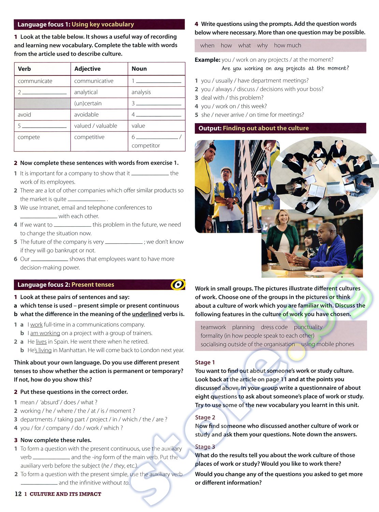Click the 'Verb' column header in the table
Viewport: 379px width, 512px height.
[24, 69]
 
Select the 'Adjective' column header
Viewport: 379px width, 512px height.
[87, 69]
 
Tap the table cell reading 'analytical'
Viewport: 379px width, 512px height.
[86, 92]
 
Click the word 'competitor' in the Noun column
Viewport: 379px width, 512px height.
[146, 145]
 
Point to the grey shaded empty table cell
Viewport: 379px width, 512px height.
[42, 103]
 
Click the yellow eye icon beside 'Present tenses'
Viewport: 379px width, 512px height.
[178, 284]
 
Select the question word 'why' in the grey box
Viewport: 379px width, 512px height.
[262, 45]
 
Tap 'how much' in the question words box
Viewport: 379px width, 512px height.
[287, 45]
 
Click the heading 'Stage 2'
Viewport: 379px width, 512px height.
[205, 417]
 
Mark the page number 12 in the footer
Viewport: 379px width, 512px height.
[18, 494]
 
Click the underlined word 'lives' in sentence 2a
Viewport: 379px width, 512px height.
[41, 342]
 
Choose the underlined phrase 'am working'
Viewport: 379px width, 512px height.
[45, 333]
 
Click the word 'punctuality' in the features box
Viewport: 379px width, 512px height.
[308, 327]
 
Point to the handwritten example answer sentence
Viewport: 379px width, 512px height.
[285, 68]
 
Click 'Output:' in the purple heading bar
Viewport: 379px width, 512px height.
[210, 128]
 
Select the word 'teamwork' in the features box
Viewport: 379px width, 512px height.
[213, 327]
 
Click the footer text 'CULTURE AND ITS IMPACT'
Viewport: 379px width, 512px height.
[65, 494]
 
